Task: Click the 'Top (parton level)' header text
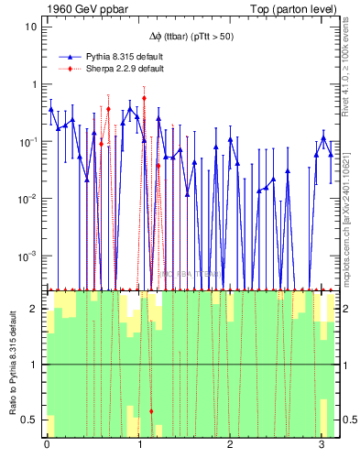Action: [295, 8]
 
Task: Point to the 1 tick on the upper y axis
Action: [34, 84]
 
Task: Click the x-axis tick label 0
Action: [47, 445]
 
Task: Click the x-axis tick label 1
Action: [139, 445]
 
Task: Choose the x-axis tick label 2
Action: [231, 445]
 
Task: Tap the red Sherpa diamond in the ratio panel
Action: [151, 411]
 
